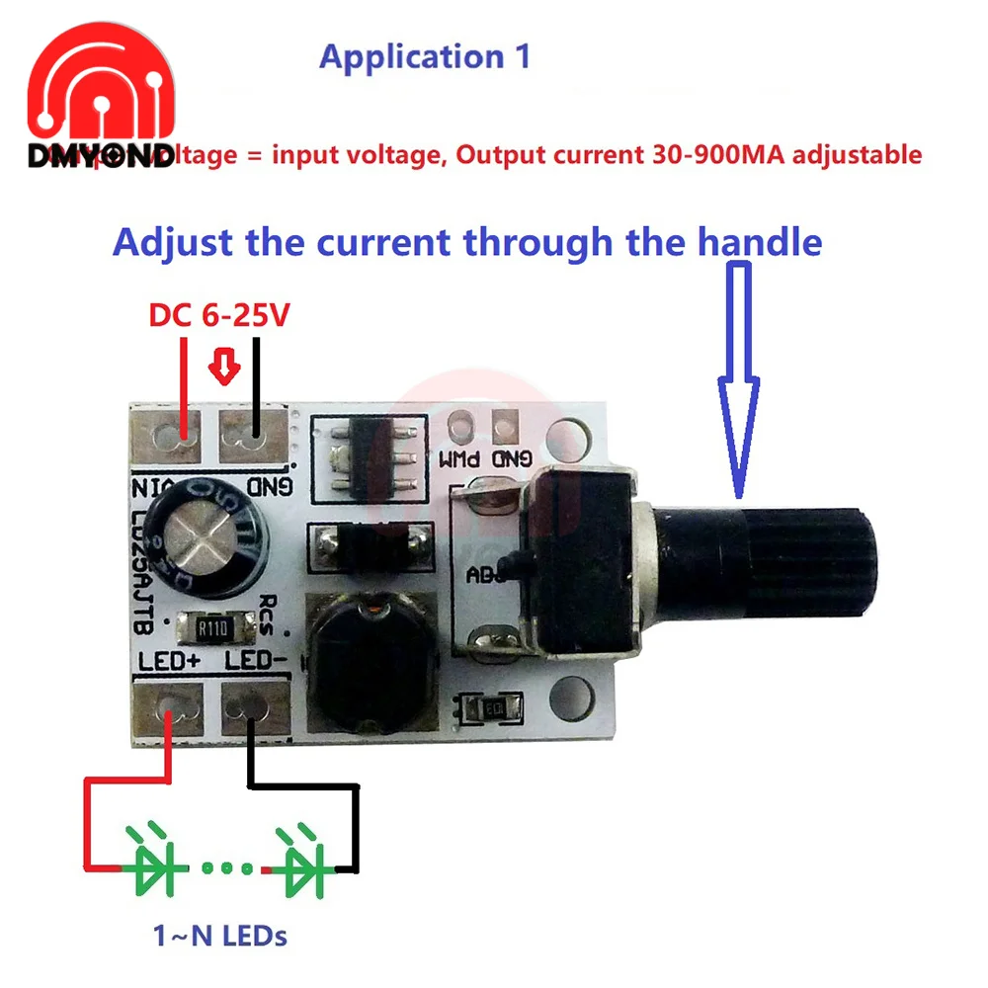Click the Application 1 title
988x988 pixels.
[x=425, y=56]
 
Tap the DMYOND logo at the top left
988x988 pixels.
[x=99, y=109]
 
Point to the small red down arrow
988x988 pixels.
[x=227, y=369]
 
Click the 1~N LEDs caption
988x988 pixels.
[x=220, y=935]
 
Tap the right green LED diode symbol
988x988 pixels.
[x=303, y=867]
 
